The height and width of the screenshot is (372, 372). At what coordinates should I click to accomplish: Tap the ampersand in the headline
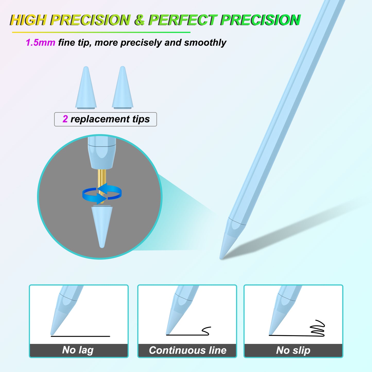coord(139,20)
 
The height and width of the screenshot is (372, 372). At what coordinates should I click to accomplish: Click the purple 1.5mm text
coord(40,42)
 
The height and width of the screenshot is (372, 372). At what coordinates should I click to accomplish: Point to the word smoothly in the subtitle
coord(205,43)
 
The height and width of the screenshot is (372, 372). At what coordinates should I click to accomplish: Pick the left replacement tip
coord(86,88)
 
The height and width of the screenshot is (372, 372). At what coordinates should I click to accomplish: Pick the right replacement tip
coord(123,88)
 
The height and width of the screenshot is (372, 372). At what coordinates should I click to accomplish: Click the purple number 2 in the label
coord(65,119)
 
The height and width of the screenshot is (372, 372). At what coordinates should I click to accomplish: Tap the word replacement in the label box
coord(100,119)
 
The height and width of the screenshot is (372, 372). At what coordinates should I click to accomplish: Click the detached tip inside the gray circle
coord(102,227)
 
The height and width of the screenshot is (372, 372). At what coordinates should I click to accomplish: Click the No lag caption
coord(78,350)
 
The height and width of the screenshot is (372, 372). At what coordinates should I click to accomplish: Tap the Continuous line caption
coord(187,350)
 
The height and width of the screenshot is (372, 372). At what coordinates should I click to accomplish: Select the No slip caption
coord(293,350)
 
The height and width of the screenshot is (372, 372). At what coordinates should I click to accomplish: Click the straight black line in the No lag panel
coord(80,336)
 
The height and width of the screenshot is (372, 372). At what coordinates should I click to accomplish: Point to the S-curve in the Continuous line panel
coord(206,331)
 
